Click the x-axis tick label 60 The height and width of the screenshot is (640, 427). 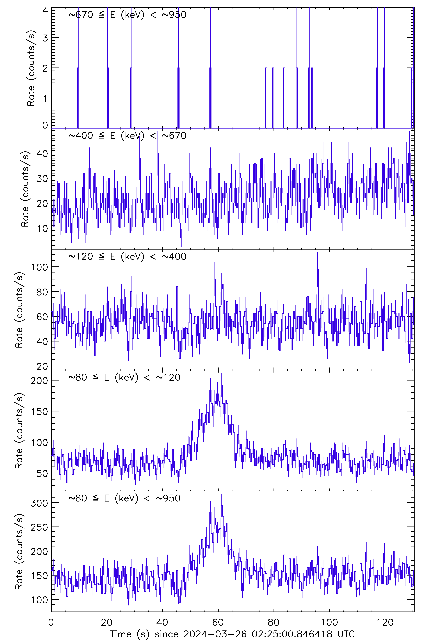[x=218, y=622]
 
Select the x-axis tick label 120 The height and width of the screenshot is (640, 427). [x=385, y=622]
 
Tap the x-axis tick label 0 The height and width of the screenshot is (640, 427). [x=51, y=622]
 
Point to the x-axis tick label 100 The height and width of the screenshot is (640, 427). [x=329, y=622]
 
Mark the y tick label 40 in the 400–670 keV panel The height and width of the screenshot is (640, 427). [x=42, y=154]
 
